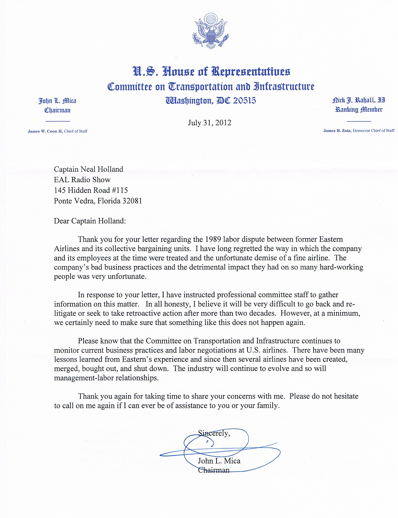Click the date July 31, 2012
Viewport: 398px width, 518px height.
[x=209, y=123]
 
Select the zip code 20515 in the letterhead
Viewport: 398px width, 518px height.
[x=244, y=100]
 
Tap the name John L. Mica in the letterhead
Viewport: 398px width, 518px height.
[x=57, y=101]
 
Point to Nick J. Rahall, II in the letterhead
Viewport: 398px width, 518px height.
[x=359, y=100]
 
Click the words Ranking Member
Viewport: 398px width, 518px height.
[x=359, y=109]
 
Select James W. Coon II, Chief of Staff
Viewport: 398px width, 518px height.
[x=57, y=131]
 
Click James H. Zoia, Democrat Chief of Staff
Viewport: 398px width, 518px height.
[x=359, y=130]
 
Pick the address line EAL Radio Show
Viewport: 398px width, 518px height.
[x=82, y=180]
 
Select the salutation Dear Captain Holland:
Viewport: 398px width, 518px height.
[x=90, y=221]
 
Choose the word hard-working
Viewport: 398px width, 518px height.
[x=340, y=267]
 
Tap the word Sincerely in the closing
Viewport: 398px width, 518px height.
[x=214, y=433]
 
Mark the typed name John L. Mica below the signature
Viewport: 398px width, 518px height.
[x=219, y=461]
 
